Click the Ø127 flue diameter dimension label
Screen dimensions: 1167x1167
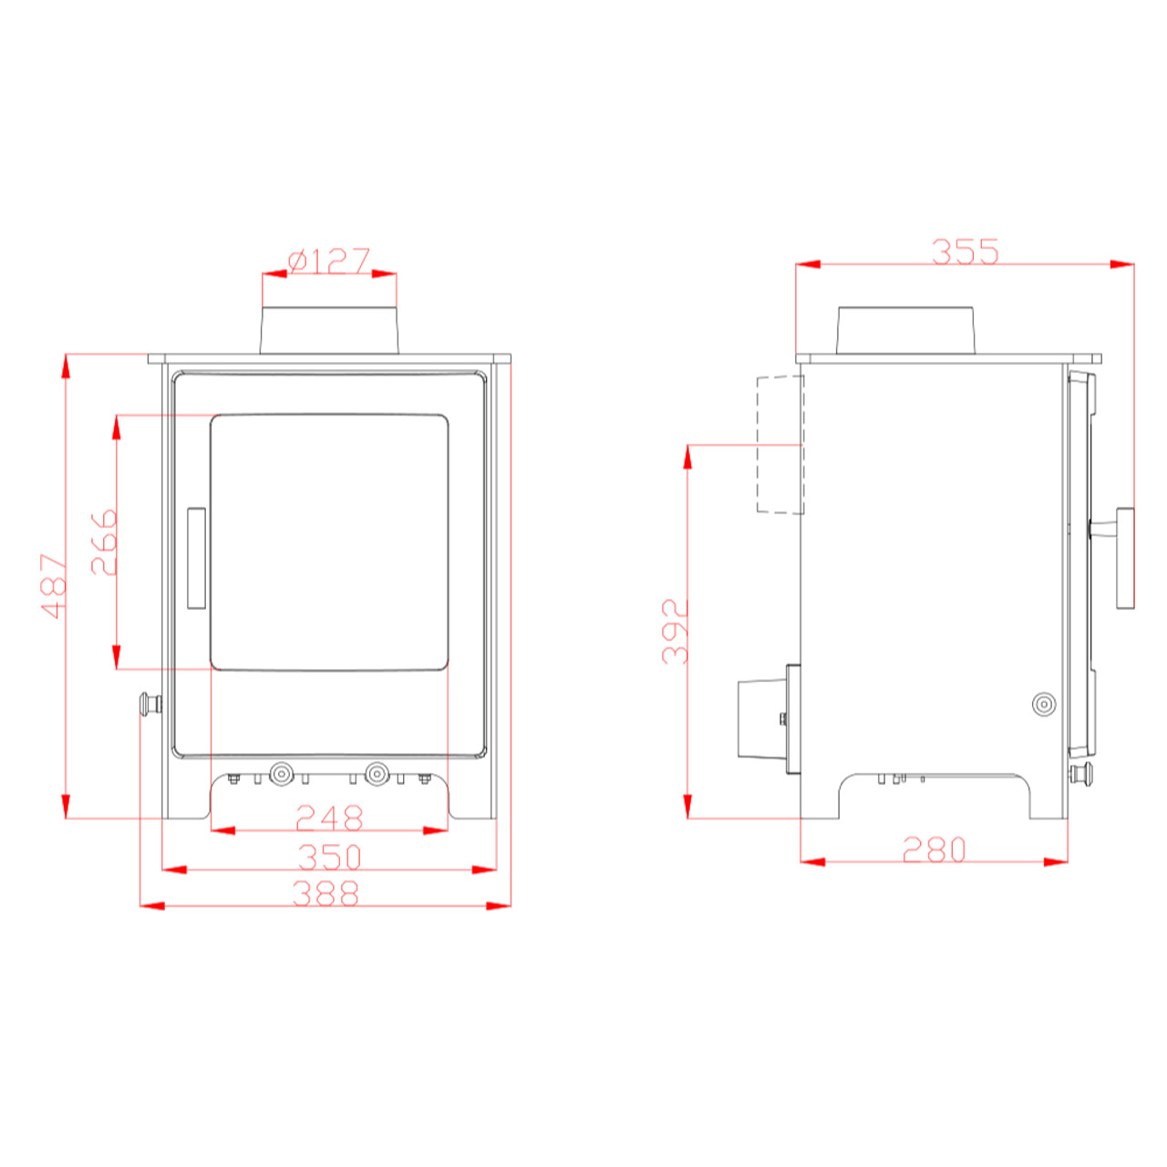coord(329,261)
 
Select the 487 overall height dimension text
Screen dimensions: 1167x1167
coord(54,585)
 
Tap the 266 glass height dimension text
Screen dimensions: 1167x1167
coord(104,542)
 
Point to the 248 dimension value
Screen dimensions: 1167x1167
coord(329,818)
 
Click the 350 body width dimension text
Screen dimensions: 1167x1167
coord(330,857)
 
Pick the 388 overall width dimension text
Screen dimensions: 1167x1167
coord(325,893)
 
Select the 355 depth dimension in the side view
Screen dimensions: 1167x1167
coord(965,252)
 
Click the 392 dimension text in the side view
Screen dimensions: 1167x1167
coord(676,632)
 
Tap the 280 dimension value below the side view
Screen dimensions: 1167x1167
coord(934,849)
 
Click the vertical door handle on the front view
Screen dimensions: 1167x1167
coord(196,558)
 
